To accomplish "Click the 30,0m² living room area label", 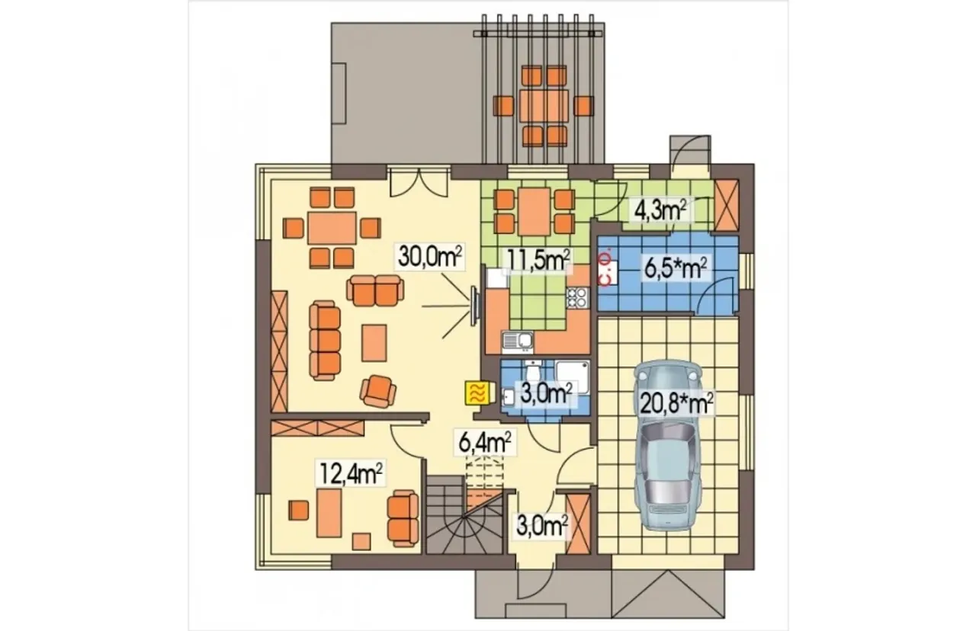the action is [x=429, y=257].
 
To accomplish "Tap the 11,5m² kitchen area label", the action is [x=538, y=261].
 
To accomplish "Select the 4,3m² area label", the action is [x=660, y=210].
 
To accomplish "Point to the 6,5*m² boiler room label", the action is [x=676, y=269].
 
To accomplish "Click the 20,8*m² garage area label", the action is [x=676, y=403].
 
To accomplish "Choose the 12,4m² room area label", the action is [x=352, y=474].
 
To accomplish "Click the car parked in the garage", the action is [x=666, y=445].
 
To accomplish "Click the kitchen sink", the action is [x=518, y=342].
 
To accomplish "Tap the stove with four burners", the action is [x=577, y=298].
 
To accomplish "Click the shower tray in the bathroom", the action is [x=573, y=376].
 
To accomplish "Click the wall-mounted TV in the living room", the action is [x=474, y=306].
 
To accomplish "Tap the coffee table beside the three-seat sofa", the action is [x=374, y=343].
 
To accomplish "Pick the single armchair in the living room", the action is [x=377, y=391].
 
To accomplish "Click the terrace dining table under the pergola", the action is [x=544, y=106].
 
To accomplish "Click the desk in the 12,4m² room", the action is [x=329, y=513].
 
